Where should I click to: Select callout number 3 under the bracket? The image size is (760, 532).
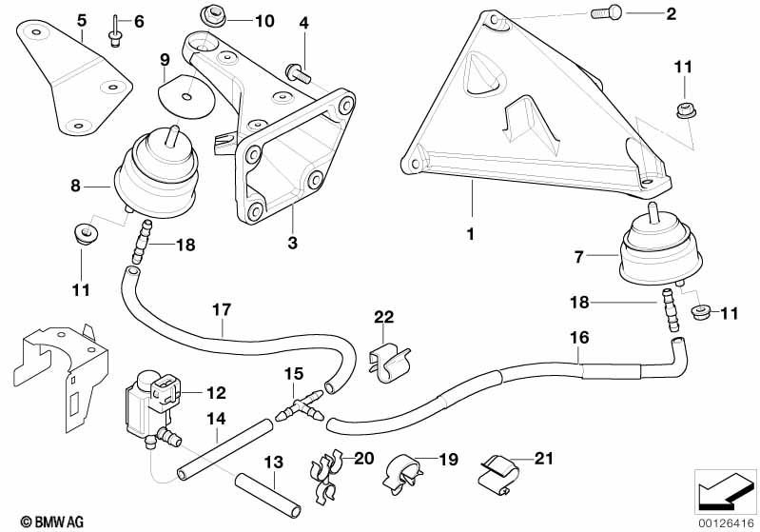click(x=292, y=244)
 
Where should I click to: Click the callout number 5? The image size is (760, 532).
click(x=81, y=20)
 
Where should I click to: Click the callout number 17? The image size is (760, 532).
click(x=221, y=309)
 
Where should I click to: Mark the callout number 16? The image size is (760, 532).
click(x=578, y=338)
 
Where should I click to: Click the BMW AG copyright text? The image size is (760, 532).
click(x=47, y=521)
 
